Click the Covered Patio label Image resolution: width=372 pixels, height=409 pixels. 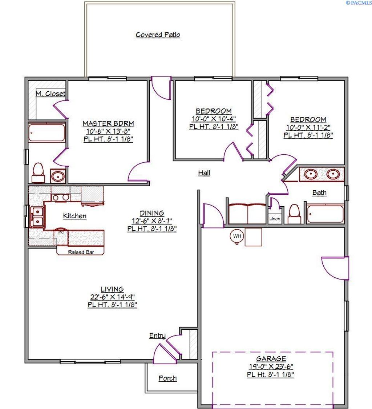[x=158, y=35]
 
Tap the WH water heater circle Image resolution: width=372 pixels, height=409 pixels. [x=237, y=236]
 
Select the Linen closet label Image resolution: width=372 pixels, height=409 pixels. [x=275, y=219]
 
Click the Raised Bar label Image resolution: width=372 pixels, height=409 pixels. [x=81, y=252]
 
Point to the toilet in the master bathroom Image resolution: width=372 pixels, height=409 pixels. [x=38, y=172]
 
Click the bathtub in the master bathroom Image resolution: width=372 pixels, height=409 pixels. [x=46, y=133]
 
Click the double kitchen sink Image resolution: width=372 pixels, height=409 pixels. [x=37, y=217]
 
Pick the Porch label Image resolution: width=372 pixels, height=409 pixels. [x=167, y=378]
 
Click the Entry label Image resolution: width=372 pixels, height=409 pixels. [x=157, y=335]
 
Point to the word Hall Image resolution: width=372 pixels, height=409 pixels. [x=204, y=173]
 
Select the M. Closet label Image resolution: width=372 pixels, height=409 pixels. [x=50, y=94]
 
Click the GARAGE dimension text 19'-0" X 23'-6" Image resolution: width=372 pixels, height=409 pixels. [x=271, y=366]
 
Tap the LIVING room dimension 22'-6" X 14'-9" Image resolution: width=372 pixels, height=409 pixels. [x=112, y=297]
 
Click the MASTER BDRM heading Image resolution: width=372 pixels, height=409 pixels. [x=108, y=123]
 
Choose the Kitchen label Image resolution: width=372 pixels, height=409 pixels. [x=75, y=216]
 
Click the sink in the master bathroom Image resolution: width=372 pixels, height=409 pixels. [x=58, y=176]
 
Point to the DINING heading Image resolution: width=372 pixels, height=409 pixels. [x=152, y=213]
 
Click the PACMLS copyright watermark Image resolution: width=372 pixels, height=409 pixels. [x=359, y=3]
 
